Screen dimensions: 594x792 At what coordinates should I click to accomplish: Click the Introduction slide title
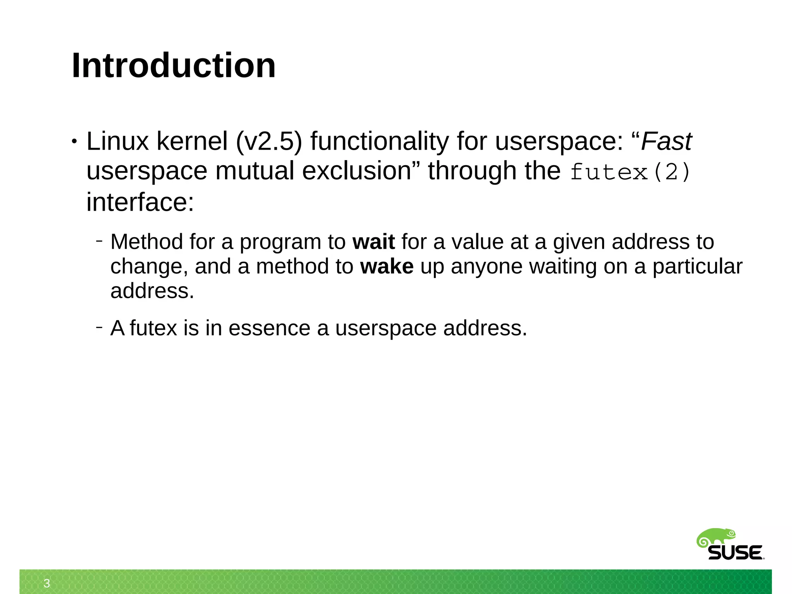[x=174, y=65]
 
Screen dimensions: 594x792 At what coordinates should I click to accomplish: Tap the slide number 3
[x=47, y=583]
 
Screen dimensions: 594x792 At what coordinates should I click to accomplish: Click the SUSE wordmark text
[x=735, y=553]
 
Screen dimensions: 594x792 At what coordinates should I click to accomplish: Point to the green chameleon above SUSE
[x=716, y=537]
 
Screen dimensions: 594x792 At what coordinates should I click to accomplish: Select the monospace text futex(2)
[x=630, y=172]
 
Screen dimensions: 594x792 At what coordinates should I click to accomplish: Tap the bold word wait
[x=374, y=242]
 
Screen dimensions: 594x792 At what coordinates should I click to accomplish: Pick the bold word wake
[x=387, y=267]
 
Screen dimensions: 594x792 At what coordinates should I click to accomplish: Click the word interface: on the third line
[x=140, y=202]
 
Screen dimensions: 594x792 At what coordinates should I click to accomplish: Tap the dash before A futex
[x=99, y=328]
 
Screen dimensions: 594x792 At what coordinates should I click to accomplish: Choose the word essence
[x=270, y=328]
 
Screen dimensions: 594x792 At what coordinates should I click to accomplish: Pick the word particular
[x=697, y=267]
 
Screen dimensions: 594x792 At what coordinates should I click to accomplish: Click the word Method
[x=147, y=242]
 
